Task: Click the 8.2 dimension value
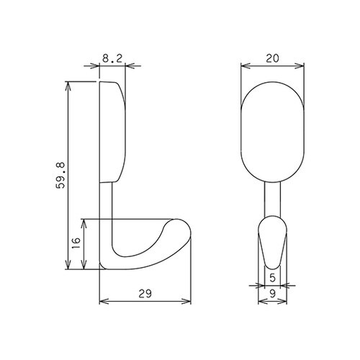point(112,58)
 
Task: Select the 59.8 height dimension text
point(60,176)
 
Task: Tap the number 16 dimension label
point(76,243)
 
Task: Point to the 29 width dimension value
point(145,294)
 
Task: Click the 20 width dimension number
point(272,58)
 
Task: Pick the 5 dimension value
point(272,278)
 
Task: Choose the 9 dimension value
point(272,294)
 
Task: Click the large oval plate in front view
point(272,132)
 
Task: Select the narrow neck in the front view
point(272,199)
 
